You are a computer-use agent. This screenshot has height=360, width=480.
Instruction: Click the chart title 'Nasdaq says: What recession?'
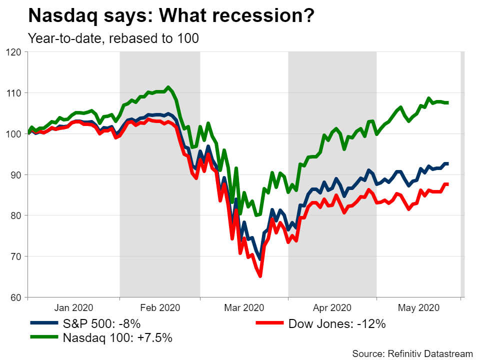coord(171,16)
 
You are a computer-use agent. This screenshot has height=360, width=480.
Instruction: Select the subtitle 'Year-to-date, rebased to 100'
coord(114,38)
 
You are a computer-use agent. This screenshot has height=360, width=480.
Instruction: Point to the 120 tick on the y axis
coord(14,52)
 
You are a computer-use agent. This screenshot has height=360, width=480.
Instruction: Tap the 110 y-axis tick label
coord(14,93)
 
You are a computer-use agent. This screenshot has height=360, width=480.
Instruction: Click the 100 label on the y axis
coord(14,134)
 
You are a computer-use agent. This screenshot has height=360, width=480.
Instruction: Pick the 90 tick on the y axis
coord(17,175)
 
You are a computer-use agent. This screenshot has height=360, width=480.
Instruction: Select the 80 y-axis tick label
coord(17,216)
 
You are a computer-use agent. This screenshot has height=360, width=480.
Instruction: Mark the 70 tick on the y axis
coord(17,257)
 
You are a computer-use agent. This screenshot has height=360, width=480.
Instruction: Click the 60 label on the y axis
coord(17,298)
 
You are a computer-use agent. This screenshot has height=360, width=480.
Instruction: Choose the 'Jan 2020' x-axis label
coord(73,307)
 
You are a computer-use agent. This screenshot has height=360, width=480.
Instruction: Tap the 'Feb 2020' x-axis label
coord(160,307)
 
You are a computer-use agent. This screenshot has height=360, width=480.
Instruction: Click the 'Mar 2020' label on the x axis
coord(244,307)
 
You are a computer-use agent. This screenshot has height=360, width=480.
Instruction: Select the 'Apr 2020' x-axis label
coord(332,307)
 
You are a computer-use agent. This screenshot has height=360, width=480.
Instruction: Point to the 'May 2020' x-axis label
coord(418,307)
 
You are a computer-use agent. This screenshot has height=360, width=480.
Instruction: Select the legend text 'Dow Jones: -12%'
coord(337,324)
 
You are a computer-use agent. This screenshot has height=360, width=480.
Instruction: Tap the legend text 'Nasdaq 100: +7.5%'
coord(117,338)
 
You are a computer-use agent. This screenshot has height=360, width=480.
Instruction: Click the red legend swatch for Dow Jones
coord(269,324)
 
